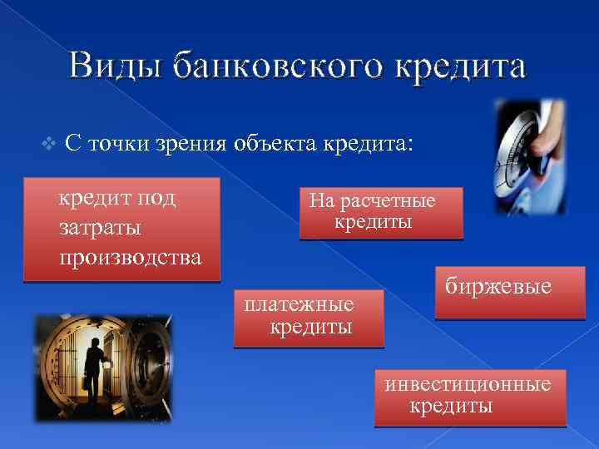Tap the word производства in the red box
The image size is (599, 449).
pyautogui.click(x=130, y=256)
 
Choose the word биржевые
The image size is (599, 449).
pyautogui.click(x=498, y=287)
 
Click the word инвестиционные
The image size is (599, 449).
pyautogui.click(x=468, y=383)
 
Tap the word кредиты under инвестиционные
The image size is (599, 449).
pyautogui.click(x=450, y=406)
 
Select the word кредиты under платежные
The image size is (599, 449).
pyautogui.click(x=311, y=327)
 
